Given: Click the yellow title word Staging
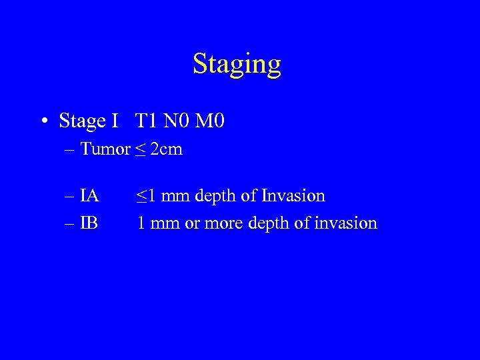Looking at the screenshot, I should click(237, 64).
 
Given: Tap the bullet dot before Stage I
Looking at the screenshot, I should click(44, 121).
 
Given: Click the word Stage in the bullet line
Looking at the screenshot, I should click(82, 121).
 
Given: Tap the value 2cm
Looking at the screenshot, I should click(167, 149).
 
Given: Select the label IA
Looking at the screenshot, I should click(89, 196).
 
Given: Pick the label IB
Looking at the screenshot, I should click(89, 223).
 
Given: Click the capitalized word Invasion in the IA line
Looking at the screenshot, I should click(293, 196).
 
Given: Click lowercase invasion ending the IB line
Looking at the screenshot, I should click(345, 223).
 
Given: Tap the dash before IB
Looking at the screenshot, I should click(71, 223).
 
